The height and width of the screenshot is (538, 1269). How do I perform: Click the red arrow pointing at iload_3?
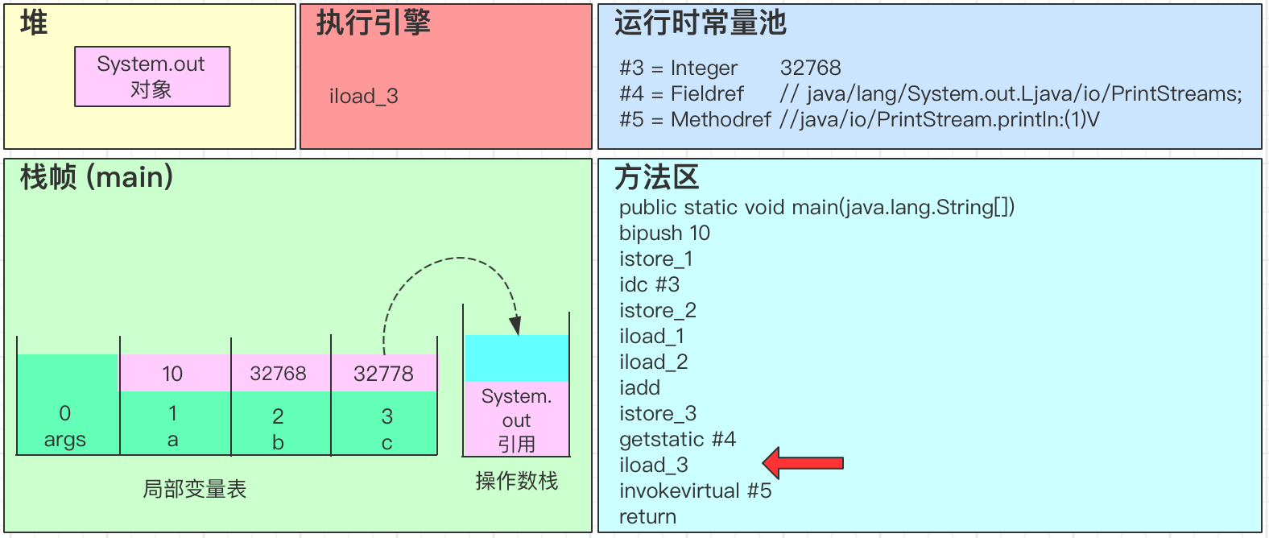[802, 463]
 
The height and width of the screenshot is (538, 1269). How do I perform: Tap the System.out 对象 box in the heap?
[152, 77]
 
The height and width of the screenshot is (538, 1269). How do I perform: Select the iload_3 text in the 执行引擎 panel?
[363, 97]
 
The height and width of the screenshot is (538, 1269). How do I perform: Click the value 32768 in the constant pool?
[810, 68]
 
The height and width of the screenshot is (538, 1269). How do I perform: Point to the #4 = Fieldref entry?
[681, 93]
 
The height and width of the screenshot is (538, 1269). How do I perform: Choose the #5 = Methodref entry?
[695, 119]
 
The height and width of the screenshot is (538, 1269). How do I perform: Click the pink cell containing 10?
[173, 374]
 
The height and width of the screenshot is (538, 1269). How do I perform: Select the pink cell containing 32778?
[383, 374]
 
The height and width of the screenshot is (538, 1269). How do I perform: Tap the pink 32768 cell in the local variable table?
[278, 374]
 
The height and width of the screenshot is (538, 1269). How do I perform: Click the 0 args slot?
[65, 425]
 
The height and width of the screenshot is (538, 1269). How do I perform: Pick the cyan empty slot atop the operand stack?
[516, 358]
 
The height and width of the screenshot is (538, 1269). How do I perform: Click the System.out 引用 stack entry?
[516, 420]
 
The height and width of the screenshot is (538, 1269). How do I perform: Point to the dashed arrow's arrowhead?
[515, 325]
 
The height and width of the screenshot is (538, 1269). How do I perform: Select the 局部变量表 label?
[194, 489]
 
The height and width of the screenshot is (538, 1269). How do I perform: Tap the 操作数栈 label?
[516, 481]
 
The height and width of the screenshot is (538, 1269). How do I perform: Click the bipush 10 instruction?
[664, 233]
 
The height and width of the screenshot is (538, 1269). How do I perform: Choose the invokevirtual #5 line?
[695, 490]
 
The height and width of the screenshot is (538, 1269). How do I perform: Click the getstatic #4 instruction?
[677, 439]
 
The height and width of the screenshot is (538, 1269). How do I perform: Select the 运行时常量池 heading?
[700, 23]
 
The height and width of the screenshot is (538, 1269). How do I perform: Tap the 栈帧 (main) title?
[97, 176]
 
